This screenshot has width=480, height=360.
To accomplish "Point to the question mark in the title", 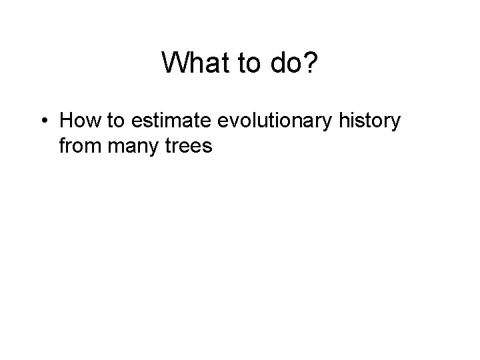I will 311,64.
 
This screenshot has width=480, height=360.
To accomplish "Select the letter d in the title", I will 275,64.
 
